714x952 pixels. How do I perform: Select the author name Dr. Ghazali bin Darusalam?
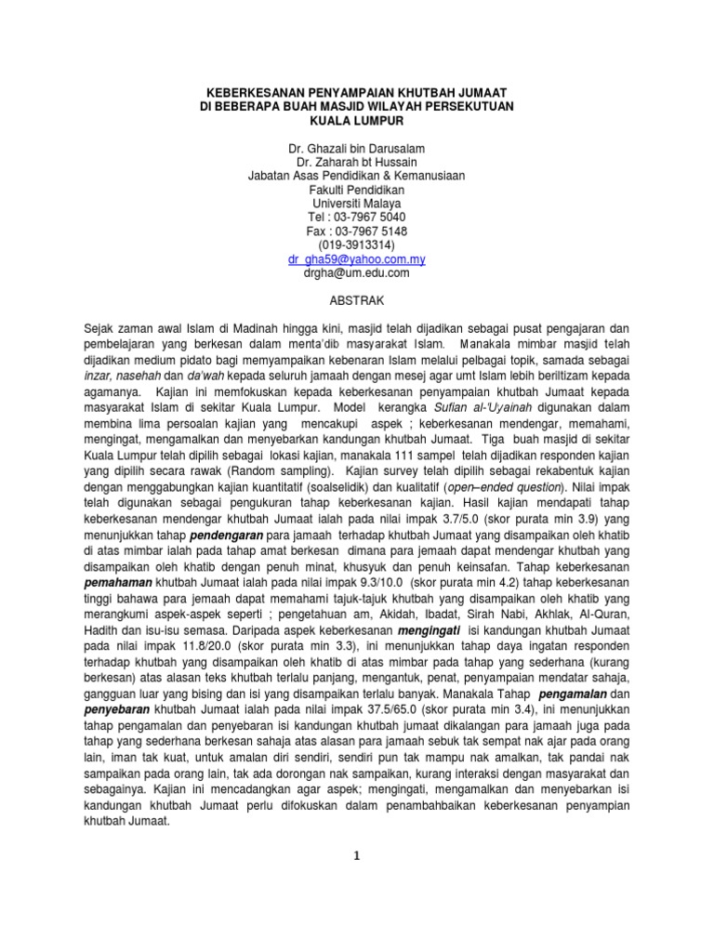tap(357, 149)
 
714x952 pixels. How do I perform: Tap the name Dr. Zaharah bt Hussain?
tap(357, 163)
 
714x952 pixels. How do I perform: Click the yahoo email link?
tap(357, 259)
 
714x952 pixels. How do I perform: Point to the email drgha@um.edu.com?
tap(357, 273)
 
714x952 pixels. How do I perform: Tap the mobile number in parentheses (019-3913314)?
tap(357, 245)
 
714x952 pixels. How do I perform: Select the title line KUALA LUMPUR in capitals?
tap(357, 121)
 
